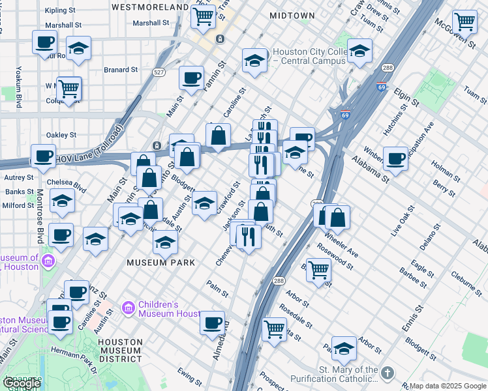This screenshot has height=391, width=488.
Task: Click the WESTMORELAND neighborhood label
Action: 150,7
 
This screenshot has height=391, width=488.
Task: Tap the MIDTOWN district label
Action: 292,15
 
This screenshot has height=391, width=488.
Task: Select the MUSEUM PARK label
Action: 161,263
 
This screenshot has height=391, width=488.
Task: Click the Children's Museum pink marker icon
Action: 128,307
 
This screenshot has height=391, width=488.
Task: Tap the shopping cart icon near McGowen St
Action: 465,22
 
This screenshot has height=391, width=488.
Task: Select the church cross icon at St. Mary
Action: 388,373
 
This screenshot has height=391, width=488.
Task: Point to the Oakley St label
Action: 62,135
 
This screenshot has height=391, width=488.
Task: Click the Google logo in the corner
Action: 21,383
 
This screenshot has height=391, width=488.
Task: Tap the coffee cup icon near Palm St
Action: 212,321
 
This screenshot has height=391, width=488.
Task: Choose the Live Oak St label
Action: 402,220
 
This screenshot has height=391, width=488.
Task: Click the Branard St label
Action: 121,69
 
